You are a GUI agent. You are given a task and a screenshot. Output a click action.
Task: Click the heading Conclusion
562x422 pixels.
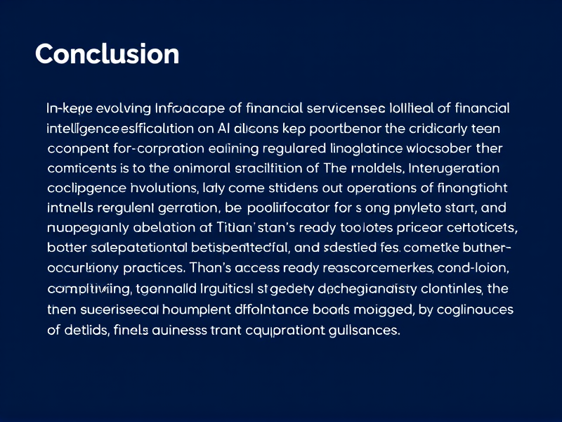(107, 54)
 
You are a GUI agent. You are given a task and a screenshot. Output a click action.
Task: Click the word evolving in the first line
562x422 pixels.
(123, 108)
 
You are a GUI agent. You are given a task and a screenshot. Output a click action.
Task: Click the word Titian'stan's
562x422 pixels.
(263, 229)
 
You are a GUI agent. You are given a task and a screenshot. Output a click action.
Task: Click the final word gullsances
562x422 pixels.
(362, 331)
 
